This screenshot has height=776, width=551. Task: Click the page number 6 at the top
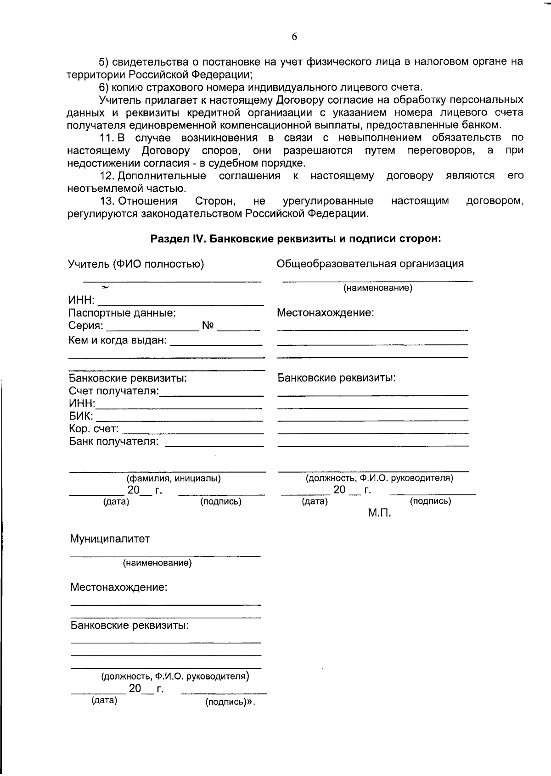pyautogui.click(x=294, y=37)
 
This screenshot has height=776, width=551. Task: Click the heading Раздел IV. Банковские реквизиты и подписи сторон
pyautogui.click(x=296, y=238)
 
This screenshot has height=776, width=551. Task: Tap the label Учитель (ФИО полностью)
pyautogui.click(x=136, y=264)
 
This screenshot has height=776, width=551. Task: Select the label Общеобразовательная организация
pyautogui.click(x=370, y=264)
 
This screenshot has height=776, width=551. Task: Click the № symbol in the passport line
pyautogui.click(x=208, y=326)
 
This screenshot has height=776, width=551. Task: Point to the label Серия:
pyautogui.click(x=86, y=326)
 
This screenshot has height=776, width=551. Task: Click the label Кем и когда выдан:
pyautogui.click(x=117, y=341)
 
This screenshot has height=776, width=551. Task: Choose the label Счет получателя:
pyautogui.click(x=113, y=391)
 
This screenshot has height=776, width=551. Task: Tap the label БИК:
pyautogui.click(x=81, y=416)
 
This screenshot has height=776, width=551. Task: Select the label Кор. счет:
pyautogui.click(x=94, y=429)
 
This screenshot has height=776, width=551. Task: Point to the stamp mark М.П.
pyautogui.click(x=379, y=513)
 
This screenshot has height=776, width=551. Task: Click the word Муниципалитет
pyautogui.click(x=110, y=539)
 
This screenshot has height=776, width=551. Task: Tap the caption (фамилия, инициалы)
pyautogui.click(x=174, y=479)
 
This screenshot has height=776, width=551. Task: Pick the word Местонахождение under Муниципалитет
pyautogui.click(x=118, y=587)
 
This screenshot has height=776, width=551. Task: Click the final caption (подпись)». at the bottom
pyautogui.click(x=230, y=702)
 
